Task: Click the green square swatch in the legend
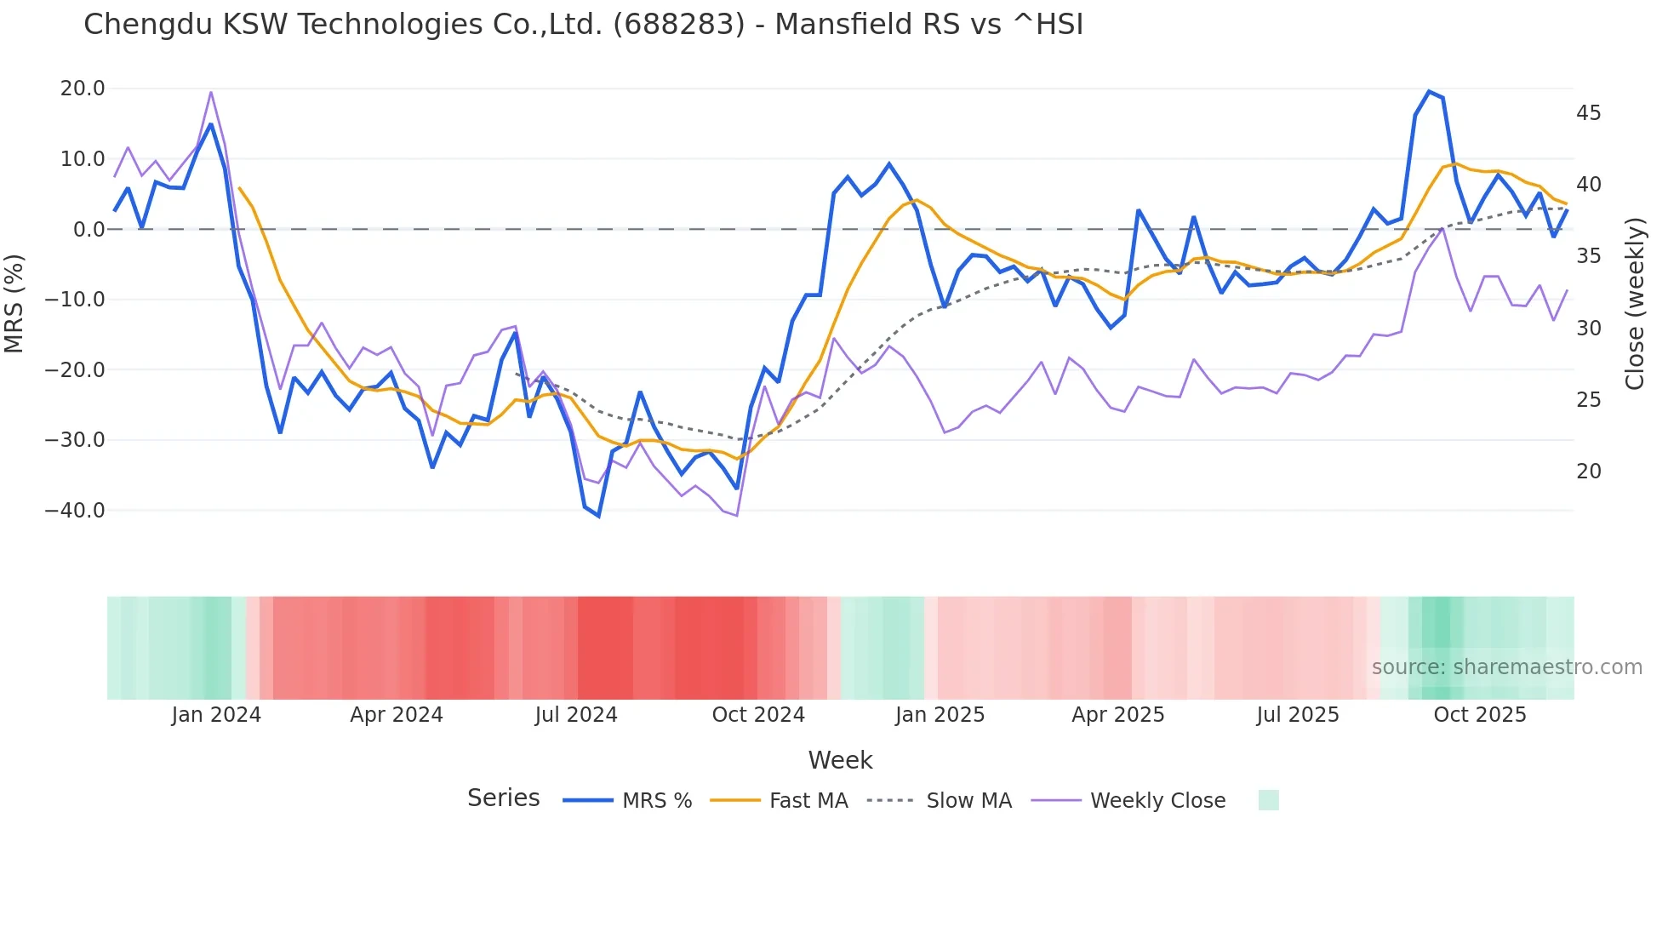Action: [1268, 800]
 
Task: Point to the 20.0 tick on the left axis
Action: [83, 89]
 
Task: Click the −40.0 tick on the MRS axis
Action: [75, 511]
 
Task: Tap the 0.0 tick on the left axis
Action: [89, 230]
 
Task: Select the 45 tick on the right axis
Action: [1588, 113]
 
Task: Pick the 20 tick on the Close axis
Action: [1588, 472]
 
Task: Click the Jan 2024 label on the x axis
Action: [216, 715]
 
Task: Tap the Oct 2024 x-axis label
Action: [758, 715]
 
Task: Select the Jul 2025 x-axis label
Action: [1298, 715]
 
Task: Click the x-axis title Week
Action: [840, 760]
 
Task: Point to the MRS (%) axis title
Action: [14, 303]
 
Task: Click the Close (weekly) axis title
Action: [1635, 303]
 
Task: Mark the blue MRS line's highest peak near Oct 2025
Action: [1429, 91]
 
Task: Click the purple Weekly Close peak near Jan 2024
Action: [211, 92]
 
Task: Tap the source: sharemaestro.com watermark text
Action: [1506, 667]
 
